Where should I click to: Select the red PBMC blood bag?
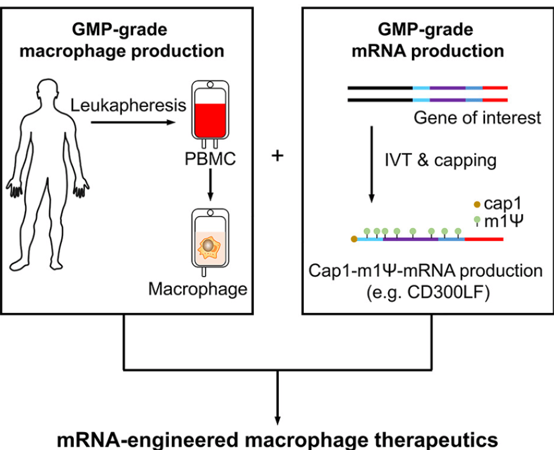click(x=209, y=116)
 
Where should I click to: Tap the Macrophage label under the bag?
click(x=197, y=289)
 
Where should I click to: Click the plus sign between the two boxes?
click(x=277, y=156)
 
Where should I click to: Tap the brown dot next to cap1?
click(x=476, y=204)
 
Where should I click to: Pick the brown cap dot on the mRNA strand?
click(x=354, y=239)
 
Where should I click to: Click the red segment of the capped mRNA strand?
click(x=484, y=239)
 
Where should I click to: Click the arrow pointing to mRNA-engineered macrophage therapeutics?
click(x=278, y=398)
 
